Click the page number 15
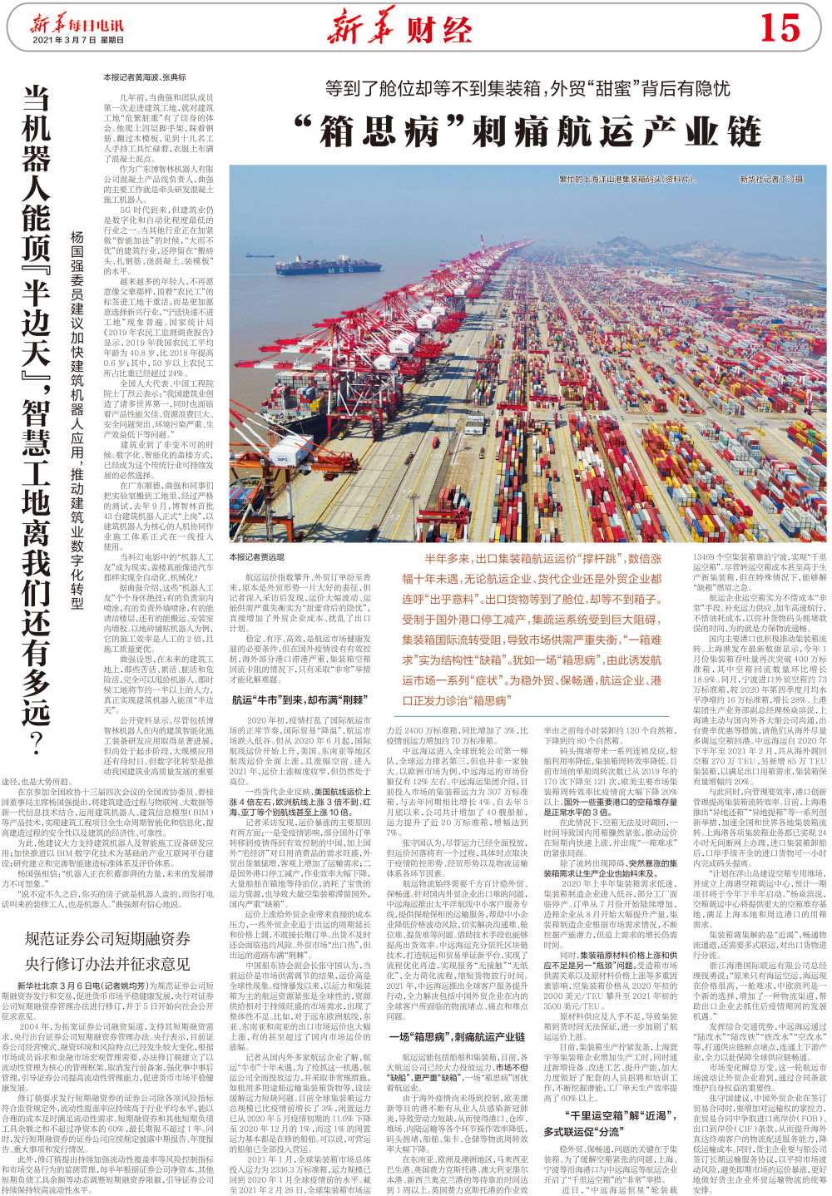tap(779, 27)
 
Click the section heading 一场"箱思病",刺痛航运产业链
tap(458, 1037)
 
